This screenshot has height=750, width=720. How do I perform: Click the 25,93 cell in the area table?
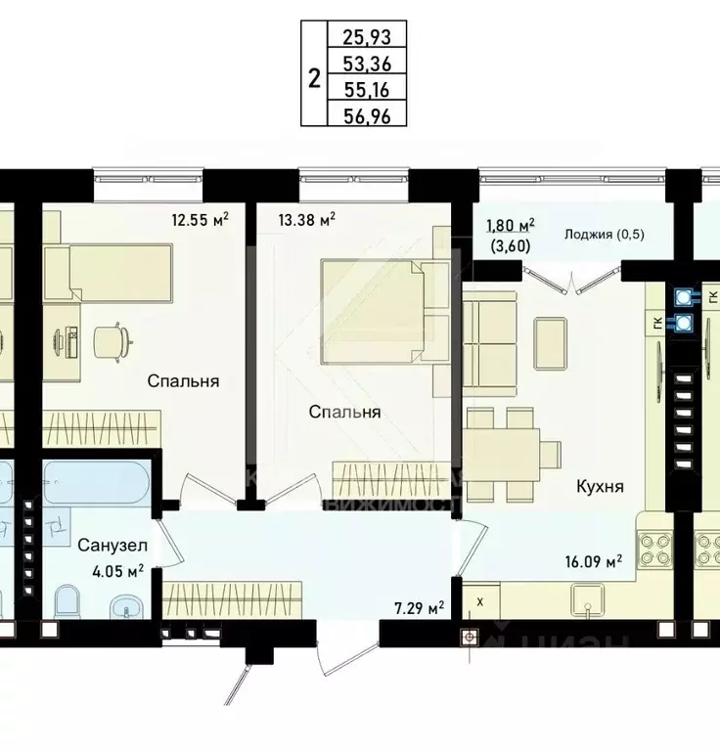tap(366, 38)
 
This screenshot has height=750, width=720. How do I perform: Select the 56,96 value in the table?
tap(366, 114)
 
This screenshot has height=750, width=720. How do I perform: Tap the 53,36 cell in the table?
tap(366, 65)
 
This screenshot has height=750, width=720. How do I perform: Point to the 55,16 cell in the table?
tap(366, 90)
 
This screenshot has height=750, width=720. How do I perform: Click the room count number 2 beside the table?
tap(313, 77)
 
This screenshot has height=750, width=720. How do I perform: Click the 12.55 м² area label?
tap(200, 219)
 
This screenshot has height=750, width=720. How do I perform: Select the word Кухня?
tap(600, 486)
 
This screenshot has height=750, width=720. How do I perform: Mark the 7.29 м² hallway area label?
tap(418, 608)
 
